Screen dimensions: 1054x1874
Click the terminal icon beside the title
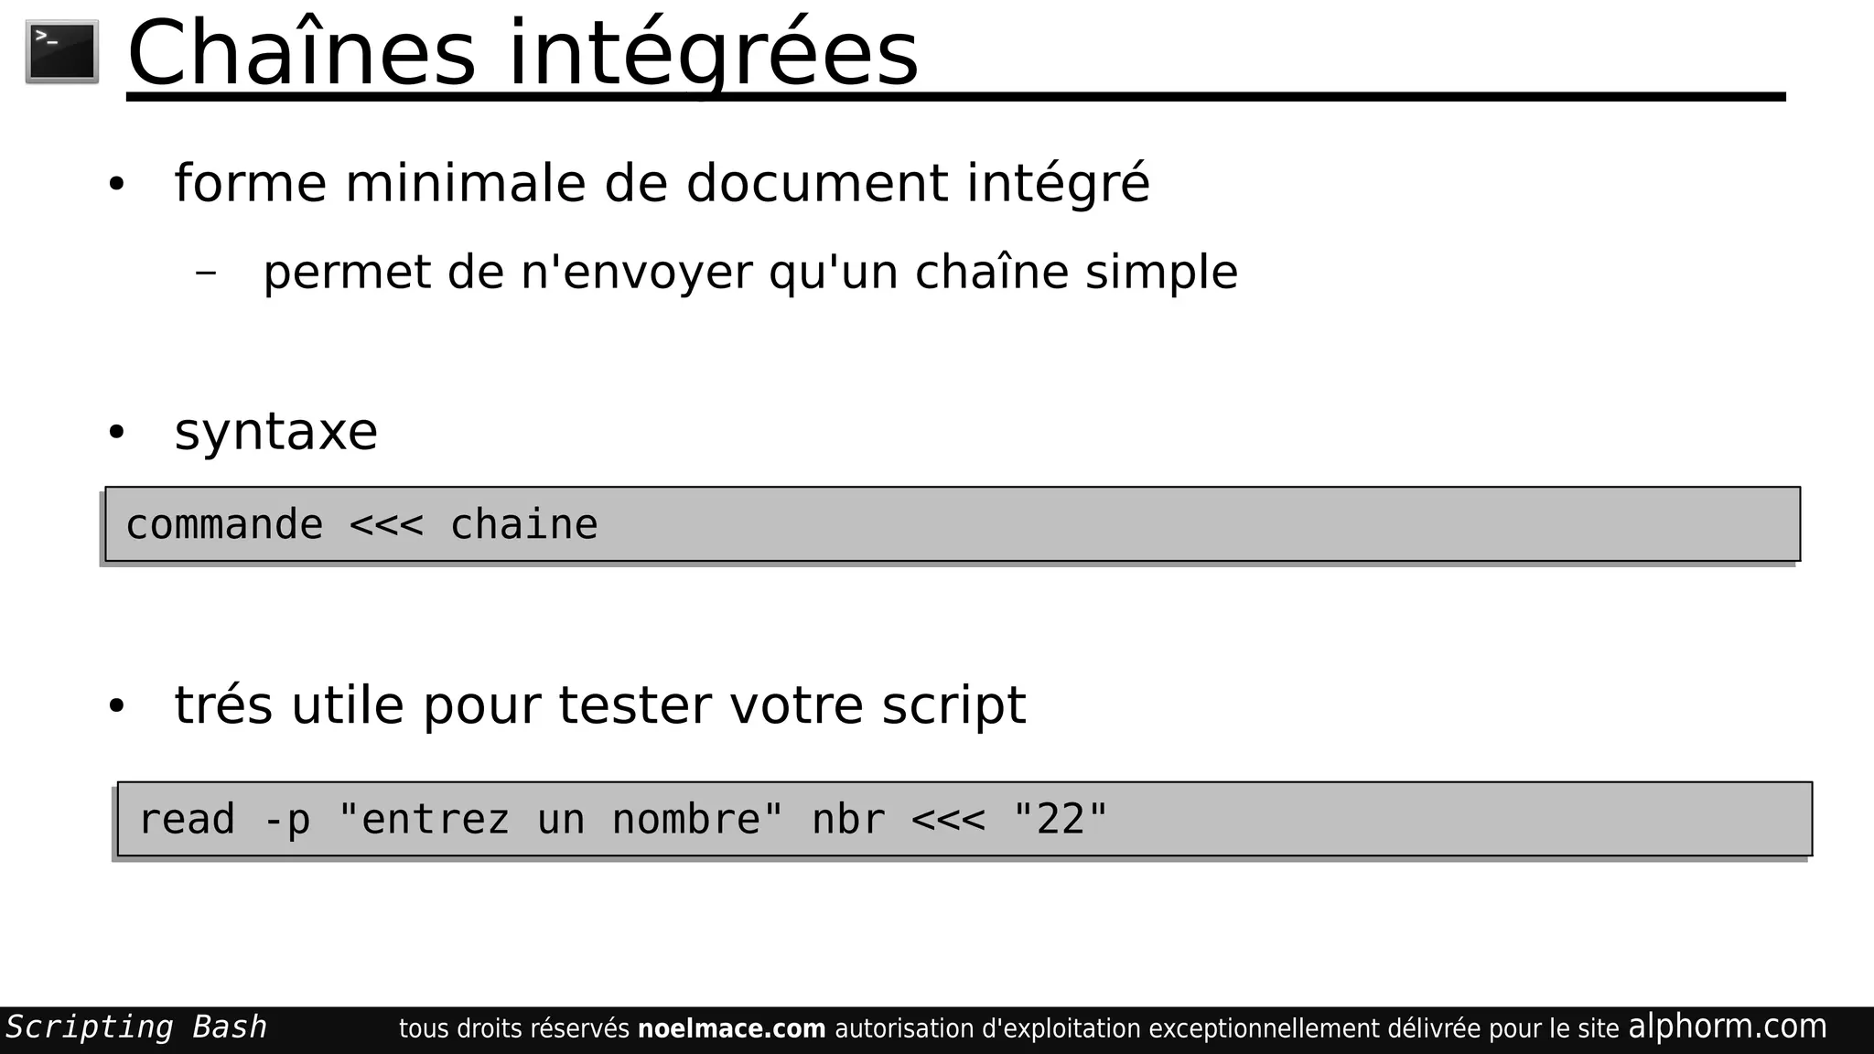point(62,52)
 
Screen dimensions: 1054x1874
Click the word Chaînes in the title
point(301,55)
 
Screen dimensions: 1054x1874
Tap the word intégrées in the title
point(713,55)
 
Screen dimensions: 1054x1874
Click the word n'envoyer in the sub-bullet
point(636,273)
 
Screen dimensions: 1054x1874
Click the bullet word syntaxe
point(275,432)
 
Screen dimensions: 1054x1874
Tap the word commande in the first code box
point(224,525)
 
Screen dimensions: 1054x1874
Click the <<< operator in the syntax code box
point(386,525)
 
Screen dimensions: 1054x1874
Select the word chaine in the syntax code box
point(523,525)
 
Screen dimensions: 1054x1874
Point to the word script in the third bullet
point(953,705)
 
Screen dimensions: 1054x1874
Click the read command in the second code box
point(187,820)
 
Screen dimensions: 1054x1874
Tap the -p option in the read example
point(286,820)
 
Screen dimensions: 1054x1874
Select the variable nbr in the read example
point(848,820)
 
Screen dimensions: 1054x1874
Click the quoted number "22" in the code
point(1061,820)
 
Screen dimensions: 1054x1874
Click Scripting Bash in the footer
point(136,1027)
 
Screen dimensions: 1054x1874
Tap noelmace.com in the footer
point(731,1029)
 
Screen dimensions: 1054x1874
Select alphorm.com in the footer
point(1727,1027)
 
